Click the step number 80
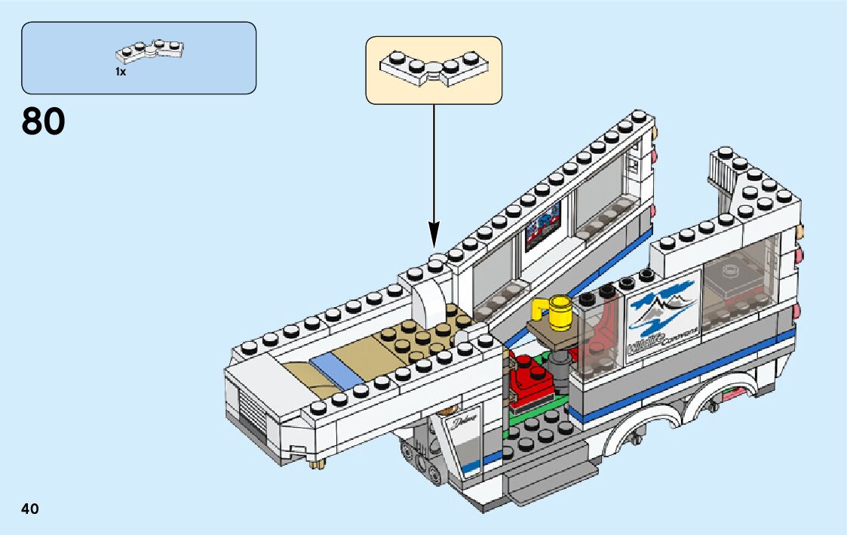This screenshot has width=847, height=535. click(44, 121)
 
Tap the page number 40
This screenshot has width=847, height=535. click(30, 509)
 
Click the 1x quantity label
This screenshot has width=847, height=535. click(120, 72)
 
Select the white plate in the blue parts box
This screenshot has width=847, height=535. click(151, 51)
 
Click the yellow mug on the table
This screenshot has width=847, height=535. click(559, 313)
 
